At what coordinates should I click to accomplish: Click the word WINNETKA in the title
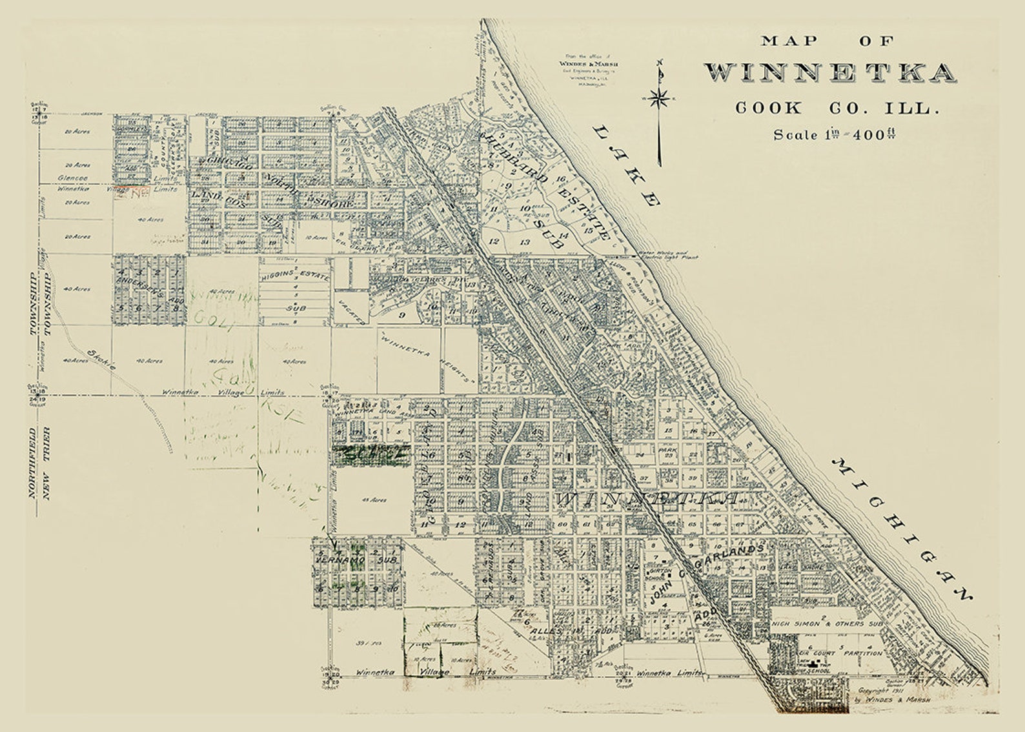point(829,73)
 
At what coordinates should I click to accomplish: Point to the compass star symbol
point(658,98)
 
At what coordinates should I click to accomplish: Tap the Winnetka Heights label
point(426,358)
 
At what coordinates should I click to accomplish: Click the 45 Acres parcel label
point(374,500)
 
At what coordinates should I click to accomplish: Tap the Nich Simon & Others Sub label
point(827,624)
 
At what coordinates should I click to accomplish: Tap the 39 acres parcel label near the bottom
point(365,644)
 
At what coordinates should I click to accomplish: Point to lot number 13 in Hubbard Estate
point(525,242)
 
